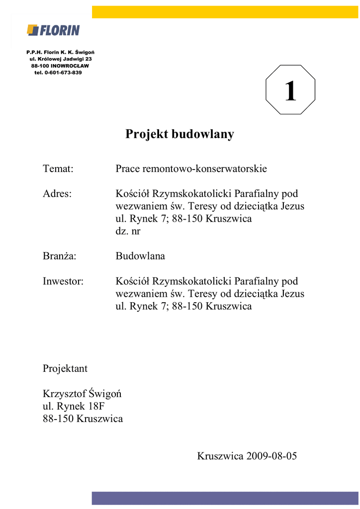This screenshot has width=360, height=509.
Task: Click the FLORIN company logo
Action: point(53,30)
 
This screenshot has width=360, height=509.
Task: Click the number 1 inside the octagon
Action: point(290,92)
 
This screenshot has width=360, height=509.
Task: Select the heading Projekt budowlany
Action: point(180,134)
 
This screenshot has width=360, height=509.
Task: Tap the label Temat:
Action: point(58,169)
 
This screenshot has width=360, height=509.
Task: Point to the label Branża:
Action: point(62,256)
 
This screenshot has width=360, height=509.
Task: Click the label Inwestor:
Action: point(63,281)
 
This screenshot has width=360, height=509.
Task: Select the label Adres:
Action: point(57,194)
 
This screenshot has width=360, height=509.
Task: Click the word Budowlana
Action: point(140,256)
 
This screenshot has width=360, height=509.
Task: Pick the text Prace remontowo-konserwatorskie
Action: point(191,169)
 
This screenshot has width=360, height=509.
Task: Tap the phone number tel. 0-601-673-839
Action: point(58,73)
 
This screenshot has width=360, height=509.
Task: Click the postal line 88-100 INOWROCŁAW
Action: point(60,66)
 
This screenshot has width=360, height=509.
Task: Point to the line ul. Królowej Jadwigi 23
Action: point(61,59)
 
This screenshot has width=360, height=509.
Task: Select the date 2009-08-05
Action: point(270,456)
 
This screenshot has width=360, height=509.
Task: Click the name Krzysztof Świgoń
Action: point(82,394)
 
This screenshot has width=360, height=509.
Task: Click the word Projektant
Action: point(65,368)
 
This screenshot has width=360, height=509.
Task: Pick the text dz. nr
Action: point(128,231)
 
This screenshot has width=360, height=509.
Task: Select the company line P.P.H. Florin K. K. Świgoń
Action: point(61,52)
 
